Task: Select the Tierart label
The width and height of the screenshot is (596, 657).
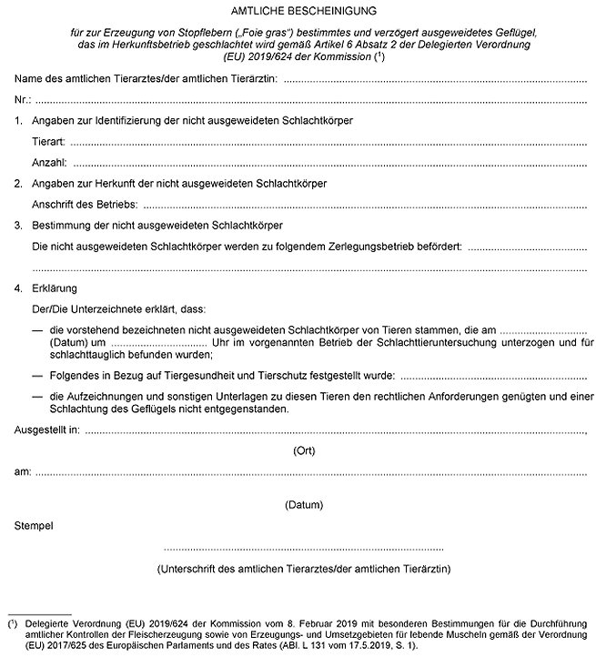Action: [x=48, y=142]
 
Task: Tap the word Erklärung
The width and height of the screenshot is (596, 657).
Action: [x=54, y=288]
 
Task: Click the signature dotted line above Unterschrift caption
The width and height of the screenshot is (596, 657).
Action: [x=304, y=550]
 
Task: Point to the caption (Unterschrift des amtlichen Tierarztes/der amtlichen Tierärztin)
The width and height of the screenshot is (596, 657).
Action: [x=304, y=570]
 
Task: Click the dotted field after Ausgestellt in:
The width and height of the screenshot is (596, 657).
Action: [x=337, y=428]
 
